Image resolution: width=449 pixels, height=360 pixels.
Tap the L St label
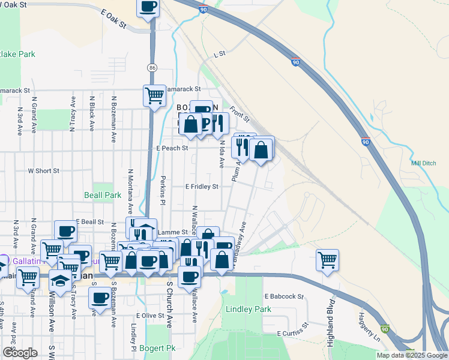tap(219, 54)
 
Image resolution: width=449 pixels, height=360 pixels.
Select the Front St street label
tap(238, 112)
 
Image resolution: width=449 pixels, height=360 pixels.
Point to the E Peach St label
tap(172, 148)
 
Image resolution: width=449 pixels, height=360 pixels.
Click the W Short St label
tap(44, 170)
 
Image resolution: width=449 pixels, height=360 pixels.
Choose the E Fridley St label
tap(202, 187)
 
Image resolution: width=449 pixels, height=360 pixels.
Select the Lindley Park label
tap(249, 309)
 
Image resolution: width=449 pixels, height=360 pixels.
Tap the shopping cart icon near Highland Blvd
tap(327, 260)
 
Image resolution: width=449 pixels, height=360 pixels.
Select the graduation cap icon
tap(60, 280)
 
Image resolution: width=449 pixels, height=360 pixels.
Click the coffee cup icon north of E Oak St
tap(148, 7)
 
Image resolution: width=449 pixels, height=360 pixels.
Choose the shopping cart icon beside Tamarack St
tap(154, 95)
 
